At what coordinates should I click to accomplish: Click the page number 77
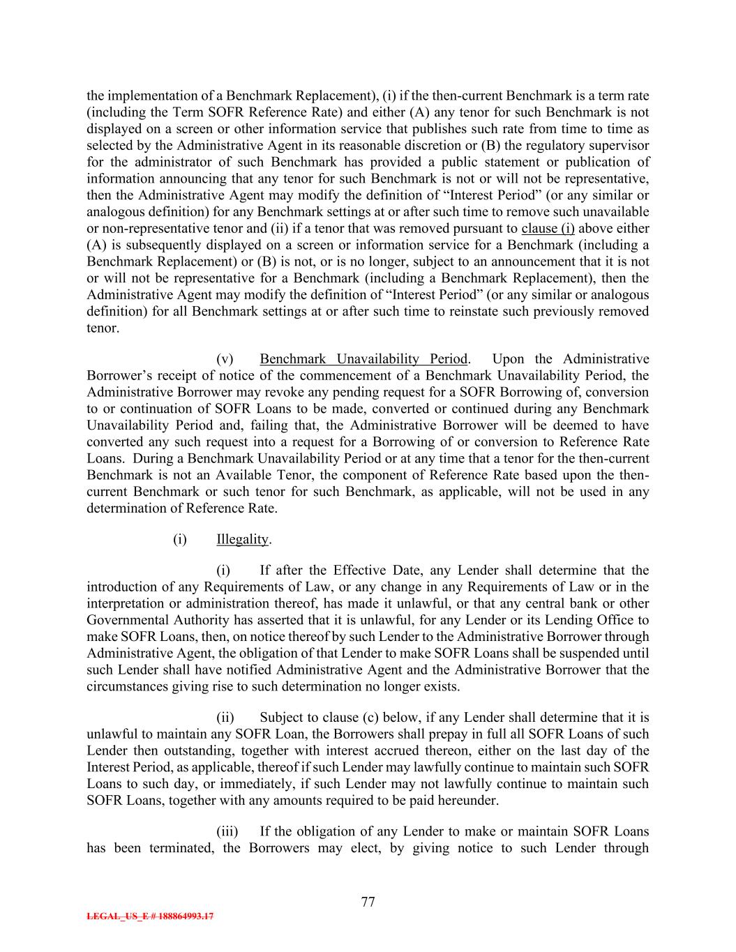tap(368, 902)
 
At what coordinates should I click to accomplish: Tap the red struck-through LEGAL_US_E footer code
tap(150, 916)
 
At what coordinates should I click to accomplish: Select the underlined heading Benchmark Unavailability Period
tap(363, 359)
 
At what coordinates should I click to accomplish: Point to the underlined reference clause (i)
tap(548, 229)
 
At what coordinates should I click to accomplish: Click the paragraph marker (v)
tap(225, 359)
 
